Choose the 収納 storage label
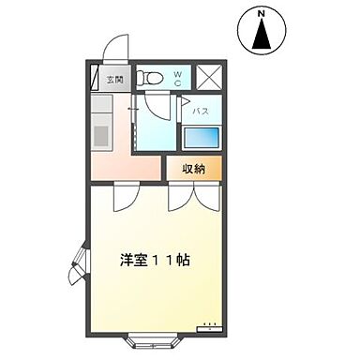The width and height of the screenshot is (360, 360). [194, 169]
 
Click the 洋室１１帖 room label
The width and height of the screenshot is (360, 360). [155, 260]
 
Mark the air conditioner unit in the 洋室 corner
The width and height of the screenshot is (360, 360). [210, 326]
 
